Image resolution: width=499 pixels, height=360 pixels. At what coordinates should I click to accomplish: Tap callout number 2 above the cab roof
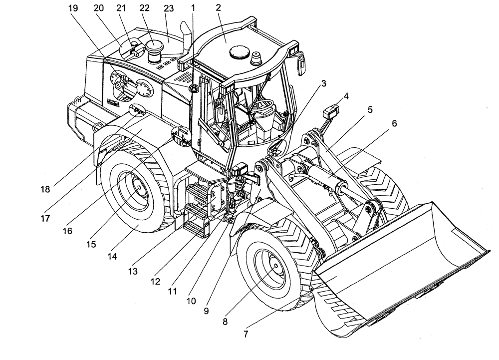pyautogui.click(x=219, y=8)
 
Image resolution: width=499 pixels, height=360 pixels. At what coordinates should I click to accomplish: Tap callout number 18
pyautogui.click(x=45, y=190)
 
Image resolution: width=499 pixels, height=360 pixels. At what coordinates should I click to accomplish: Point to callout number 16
pyautogui.click(x=67, y=231)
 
